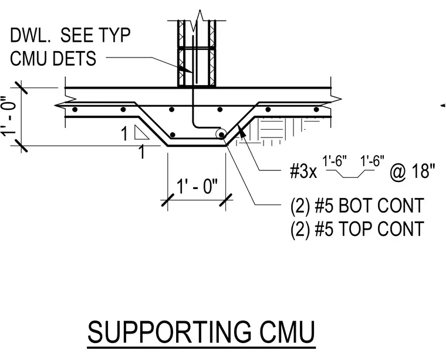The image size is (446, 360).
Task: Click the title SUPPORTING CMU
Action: pos(201,332)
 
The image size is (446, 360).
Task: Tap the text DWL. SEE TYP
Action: pos(70,35)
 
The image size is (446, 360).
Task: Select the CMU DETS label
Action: pos(53,58)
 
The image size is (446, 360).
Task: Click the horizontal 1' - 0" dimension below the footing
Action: pos(197,186)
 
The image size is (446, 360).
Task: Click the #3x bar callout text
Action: pos(303,171)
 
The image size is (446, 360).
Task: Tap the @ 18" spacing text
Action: pos(413,171)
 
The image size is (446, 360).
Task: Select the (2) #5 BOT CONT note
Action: pos(357,206)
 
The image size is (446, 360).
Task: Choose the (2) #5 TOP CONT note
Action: pos(357,229)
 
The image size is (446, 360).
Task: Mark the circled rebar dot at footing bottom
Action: pos(221,134)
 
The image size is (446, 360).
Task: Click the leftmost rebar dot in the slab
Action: pos(75,109)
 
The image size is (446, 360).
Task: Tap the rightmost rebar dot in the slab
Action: pos(316,109)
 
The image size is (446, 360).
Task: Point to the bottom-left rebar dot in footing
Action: pos(173,134)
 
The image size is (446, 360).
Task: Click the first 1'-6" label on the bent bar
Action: pos(334,161)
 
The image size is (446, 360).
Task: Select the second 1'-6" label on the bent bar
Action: pos(372,161)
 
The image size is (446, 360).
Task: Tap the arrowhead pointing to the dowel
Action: pos(184,69)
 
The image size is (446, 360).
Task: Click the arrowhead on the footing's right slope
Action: pos(242,130)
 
